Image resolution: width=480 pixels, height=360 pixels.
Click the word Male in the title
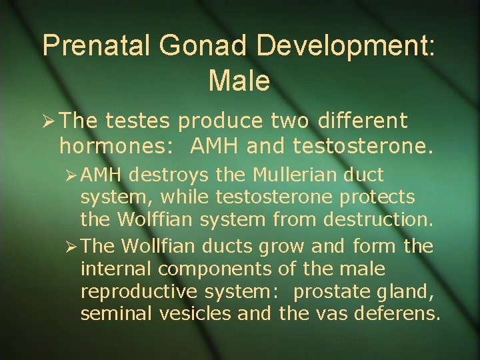(239, 81)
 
